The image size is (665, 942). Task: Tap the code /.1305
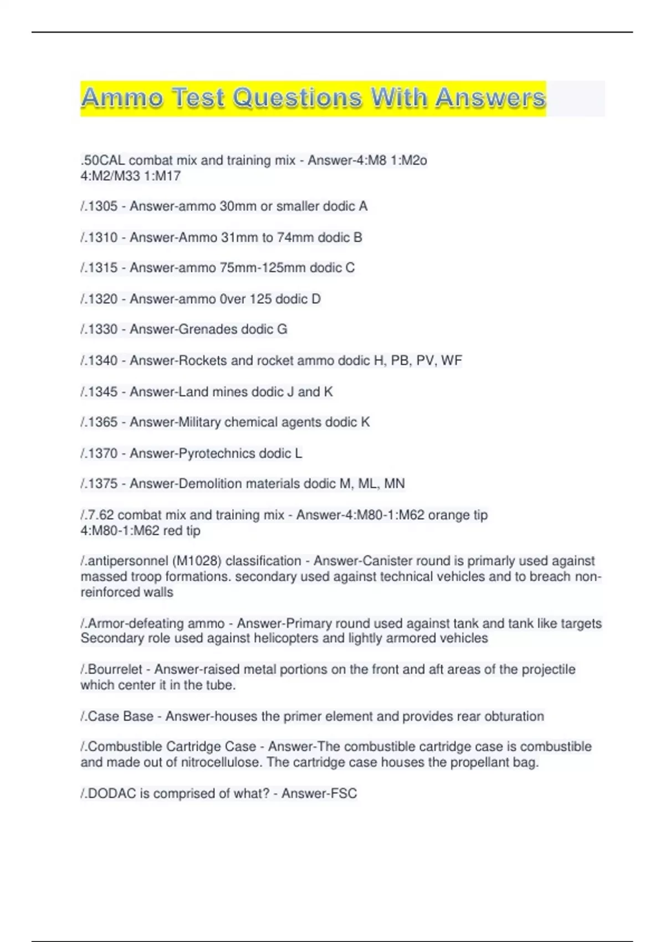[99, 207]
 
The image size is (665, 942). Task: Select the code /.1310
[99, 238]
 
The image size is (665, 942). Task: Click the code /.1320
[99, 299]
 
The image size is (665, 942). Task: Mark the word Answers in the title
[490, 98]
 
